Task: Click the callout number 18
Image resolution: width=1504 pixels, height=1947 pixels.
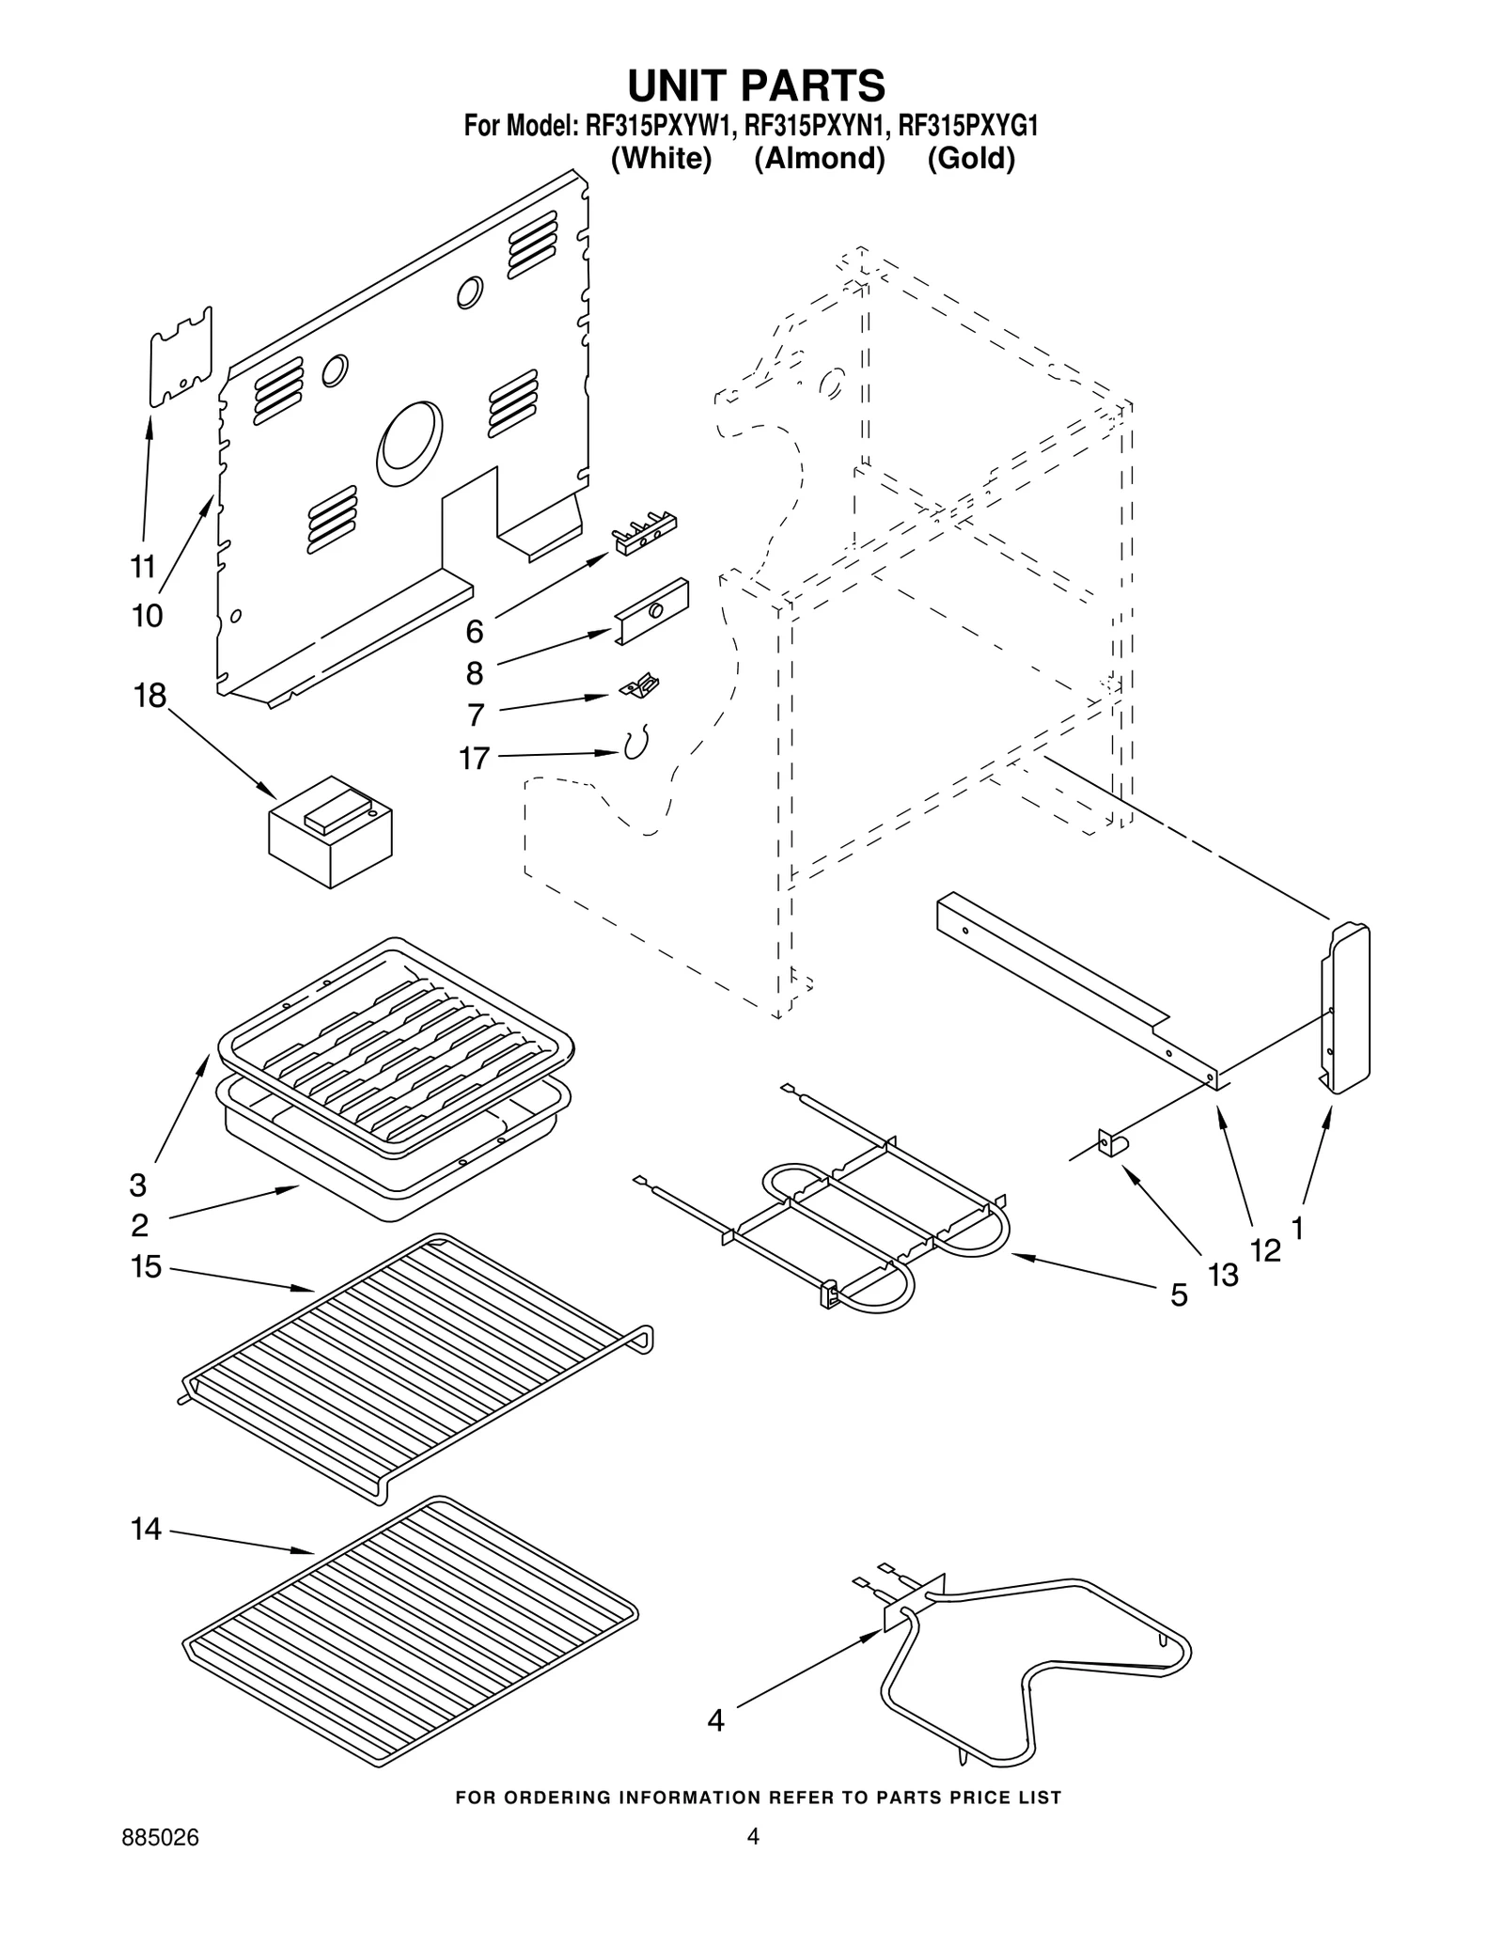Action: coord(150,697)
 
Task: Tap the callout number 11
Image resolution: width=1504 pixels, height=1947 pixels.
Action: coord(142,567)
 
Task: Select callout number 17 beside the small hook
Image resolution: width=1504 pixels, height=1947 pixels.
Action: coord(475,757)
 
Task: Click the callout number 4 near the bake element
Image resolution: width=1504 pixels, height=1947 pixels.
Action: coord(716,1721)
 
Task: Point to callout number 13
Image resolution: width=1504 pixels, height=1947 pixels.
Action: coord(1223,1275)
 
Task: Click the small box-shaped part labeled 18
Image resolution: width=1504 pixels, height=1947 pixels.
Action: coord(330,831)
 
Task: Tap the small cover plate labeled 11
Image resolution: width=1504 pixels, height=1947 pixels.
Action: coord(180,356)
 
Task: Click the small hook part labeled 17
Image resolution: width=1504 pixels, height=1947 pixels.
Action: coord(636,745)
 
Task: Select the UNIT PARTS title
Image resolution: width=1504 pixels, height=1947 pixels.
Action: coord(756,86)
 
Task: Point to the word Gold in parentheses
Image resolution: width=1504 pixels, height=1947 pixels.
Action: coord(971,158)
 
